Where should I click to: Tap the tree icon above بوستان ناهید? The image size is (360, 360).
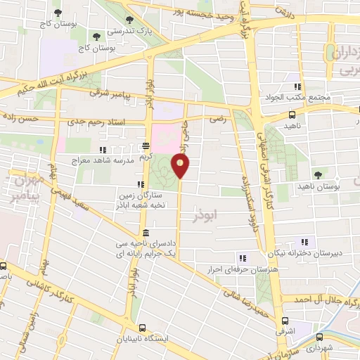click(x=320, y=173)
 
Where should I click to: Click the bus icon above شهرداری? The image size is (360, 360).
click(x=321, y=336)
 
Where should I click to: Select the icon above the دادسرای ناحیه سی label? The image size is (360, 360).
click(x=146, y=233)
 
